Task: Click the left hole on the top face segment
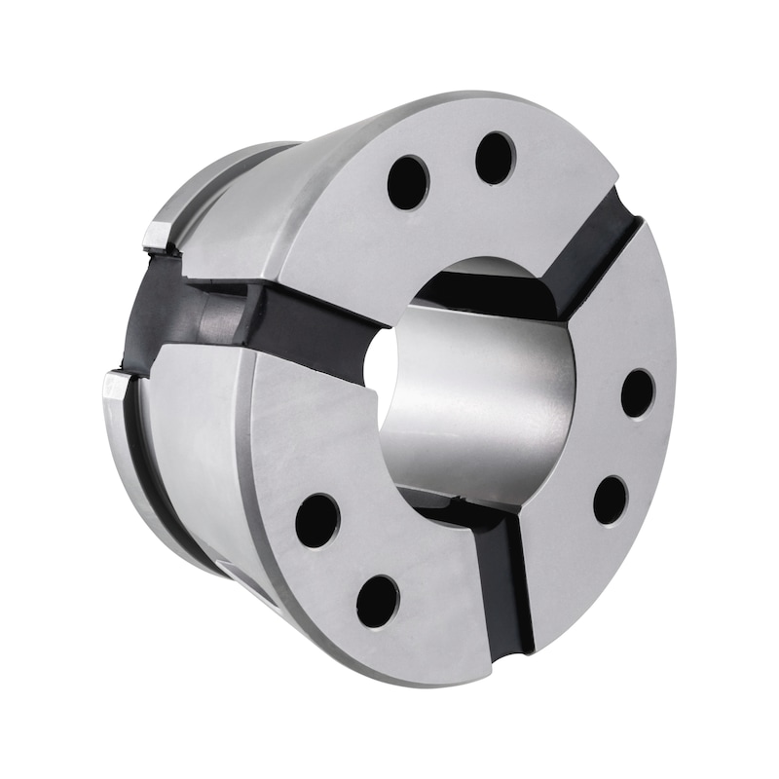[408, 182]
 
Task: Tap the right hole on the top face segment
[496, 158]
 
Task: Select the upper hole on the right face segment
[638, 393]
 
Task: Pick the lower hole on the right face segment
[611, 500]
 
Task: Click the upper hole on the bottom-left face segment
[317, 520]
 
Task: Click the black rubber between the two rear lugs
[146, 312]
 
